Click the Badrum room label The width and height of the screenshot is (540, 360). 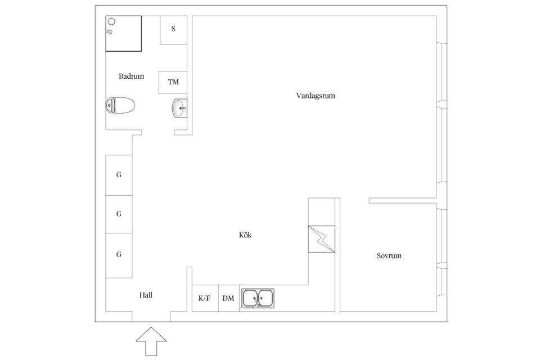tap(131, 76)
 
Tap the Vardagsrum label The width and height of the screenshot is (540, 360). tap(316, 96)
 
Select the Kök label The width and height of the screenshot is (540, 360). tap(245, 235)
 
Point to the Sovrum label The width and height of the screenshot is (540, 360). tap(389, 255)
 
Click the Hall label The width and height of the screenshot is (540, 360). tap(146, 295)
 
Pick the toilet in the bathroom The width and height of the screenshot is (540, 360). tap(120, 105)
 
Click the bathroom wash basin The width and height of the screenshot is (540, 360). tap(179, 108)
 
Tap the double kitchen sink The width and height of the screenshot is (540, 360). tap(258, 298)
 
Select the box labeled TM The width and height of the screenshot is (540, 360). tap(173, 82)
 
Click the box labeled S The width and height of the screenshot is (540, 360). tap(174, 30)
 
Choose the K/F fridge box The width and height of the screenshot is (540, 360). tap(205, 298)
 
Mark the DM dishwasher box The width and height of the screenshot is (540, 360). tap(229, 298)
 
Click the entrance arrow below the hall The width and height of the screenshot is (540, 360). tap(151, 341)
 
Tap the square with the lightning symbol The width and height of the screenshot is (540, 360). tap(321, 239)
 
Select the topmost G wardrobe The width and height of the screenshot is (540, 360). tap(119, 175)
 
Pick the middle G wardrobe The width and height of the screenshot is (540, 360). tap(119, 214)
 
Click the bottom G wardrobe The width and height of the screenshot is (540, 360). tap(119, 255)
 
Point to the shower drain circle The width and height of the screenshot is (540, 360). tap(111, 21)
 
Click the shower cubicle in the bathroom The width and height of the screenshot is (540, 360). tap(123, 33)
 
